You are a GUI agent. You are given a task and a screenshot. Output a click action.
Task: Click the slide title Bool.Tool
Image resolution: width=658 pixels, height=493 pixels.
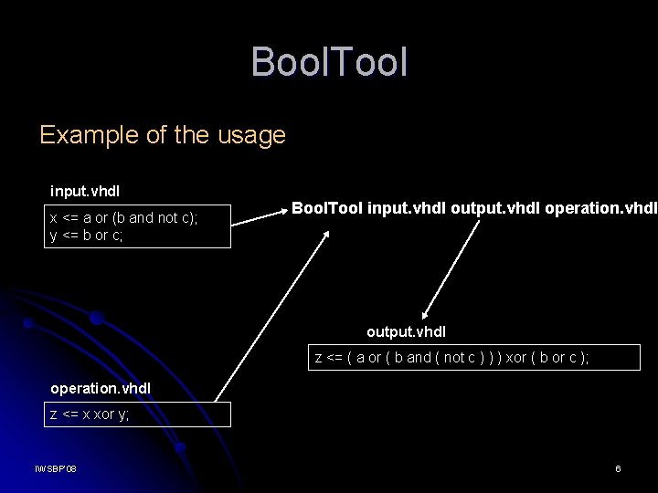click(329, 62)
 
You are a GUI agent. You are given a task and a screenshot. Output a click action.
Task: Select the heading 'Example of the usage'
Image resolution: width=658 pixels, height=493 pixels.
click(163, 135)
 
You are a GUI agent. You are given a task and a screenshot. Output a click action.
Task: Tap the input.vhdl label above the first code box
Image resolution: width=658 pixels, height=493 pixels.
click(85, 192)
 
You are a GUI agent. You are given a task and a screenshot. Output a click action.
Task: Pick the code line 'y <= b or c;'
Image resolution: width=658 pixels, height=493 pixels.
click(87, 235)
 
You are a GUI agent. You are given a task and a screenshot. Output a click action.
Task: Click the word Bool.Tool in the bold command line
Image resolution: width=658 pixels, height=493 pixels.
click(327, 209)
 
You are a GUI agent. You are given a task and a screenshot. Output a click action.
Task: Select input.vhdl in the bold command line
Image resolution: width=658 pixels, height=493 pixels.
click(408, 209)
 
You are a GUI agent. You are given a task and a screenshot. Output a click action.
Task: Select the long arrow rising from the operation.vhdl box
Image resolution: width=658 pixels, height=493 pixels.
click(274, 310)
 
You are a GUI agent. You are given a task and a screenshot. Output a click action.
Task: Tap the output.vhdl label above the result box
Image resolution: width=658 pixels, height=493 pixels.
click(406, 331)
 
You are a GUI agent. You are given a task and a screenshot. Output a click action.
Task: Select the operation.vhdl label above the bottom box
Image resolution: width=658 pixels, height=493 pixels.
click(101, 388)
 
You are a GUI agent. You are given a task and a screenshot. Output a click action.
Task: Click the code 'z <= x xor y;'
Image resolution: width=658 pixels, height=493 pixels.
click(90, 414)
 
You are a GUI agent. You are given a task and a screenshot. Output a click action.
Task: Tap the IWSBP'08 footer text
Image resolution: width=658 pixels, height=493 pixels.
click(56, 468)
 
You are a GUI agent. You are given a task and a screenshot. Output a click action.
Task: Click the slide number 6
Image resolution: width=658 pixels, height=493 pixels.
click(618, 468)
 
